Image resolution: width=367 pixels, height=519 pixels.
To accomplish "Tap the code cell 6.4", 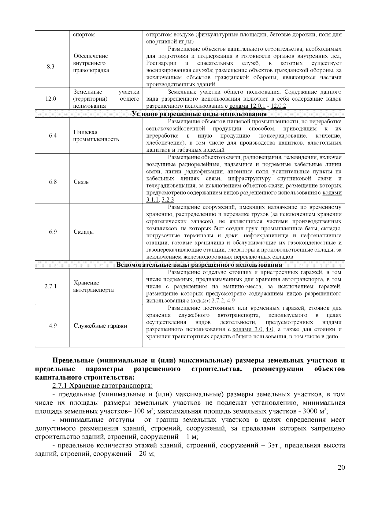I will (x=53, y=135).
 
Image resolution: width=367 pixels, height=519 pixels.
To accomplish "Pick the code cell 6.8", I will (x=53, y=182).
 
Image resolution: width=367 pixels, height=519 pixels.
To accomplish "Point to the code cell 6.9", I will (x=53, y=232).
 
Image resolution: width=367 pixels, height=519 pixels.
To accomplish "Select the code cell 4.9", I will (x=53, y=326).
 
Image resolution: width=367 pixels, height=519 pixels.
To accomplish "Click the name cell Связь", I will (x=81, y=182).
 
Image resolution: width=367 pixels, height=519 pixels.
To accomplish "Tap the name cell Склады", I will (x=83, y=232).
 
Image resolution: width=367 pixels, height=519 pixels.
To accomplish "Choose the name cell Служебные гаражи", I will (x=100, y=326).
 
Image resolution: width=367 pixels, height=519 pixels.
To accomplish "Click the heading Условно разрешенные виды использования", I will (x=199, y=114).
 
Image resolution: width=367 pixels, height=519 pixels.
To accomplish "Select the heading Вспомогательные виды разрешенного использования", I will (x=199, y=265).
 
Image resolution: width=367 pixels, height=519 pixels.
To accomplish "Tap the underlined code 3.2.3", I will (x=168, y=200).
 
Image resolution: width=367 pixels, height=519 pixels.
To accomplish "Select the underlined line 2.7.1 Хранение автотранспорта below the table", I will (x=102, y=386).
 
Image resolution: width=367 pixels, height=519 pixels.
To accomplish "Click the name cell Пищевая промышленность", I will (x=96, y=135).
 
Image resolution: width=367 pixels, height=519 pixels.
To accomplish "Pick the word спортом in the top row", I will (x=84, y=34).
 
